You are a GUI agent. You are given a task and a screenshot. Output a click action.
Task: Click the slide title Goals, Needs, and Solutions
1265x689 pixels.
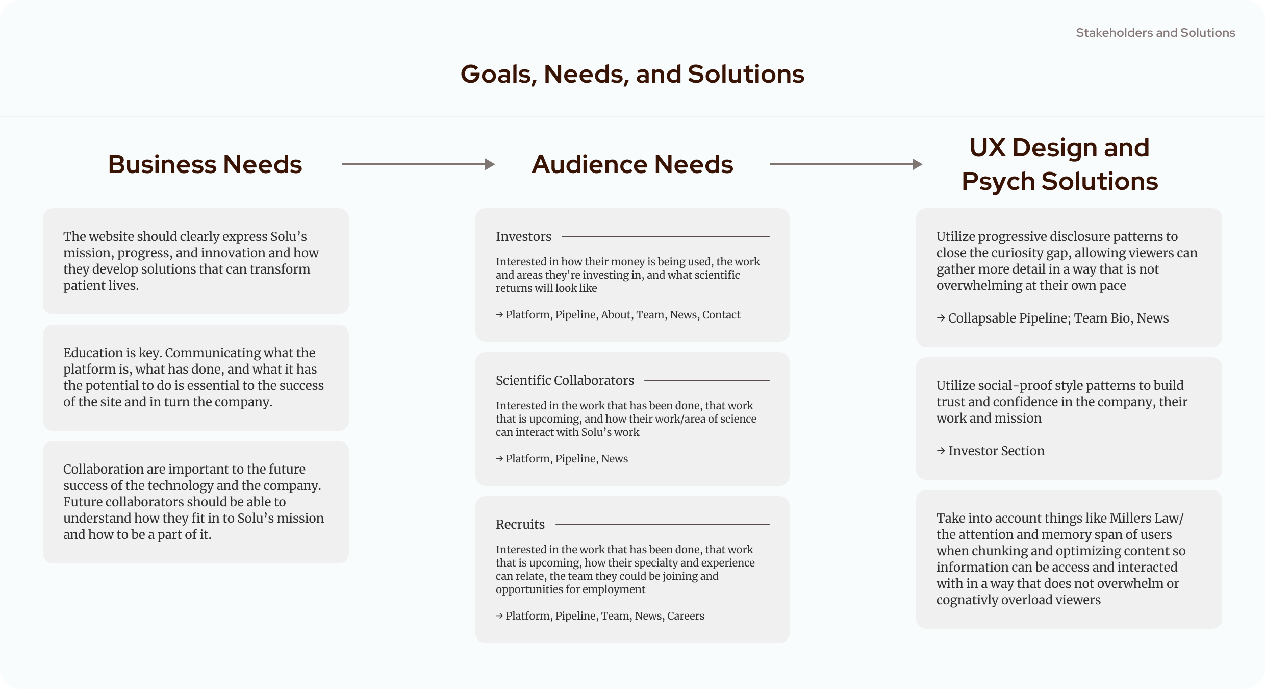[632, 74]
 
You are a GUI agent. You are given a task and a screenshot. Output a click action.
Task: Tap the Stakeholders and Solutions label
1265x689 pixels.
[1155, 33]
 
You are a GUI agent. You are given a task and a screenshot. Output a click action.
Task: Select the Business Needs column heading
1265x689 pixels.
[205, 164]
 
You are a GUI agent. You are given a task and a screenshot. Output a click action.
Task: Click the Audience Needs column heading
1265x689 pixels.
[632, 164]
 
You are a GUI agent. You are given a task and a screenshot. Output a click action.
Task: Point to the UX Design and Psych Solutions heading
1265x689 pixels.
[1059, 164]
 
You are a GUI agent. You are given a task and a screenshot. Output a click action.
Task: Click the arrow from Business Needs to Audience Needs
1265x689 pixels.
[418, 164]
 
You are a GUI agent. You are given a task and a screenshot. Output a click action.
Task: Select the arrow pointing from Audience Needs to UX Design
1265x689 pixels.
[845, 164]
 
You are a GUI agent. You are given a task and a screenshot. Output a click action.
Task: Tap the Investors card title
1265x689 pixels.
[523, 237]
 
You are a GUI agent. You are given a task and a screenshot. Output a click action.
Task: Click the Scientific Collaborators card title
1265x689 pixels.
[565, 381]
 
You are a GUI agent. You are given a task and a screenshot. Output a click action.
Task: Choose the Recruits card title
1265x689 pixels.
[520, 525]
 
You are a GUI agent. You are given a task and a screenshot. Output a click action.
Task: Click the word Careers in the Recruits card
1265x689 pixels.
[686, 616]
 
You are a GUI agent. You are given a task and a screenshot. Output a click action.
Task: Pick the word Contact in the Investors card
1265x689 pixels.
[721, 315]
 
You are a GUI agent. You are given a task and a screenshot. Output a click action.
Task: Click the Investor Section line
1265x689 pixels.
[996, 451]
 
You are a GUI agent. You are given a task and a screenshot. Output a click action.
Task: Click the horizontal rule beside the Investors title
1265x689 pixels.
[665, 237]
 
